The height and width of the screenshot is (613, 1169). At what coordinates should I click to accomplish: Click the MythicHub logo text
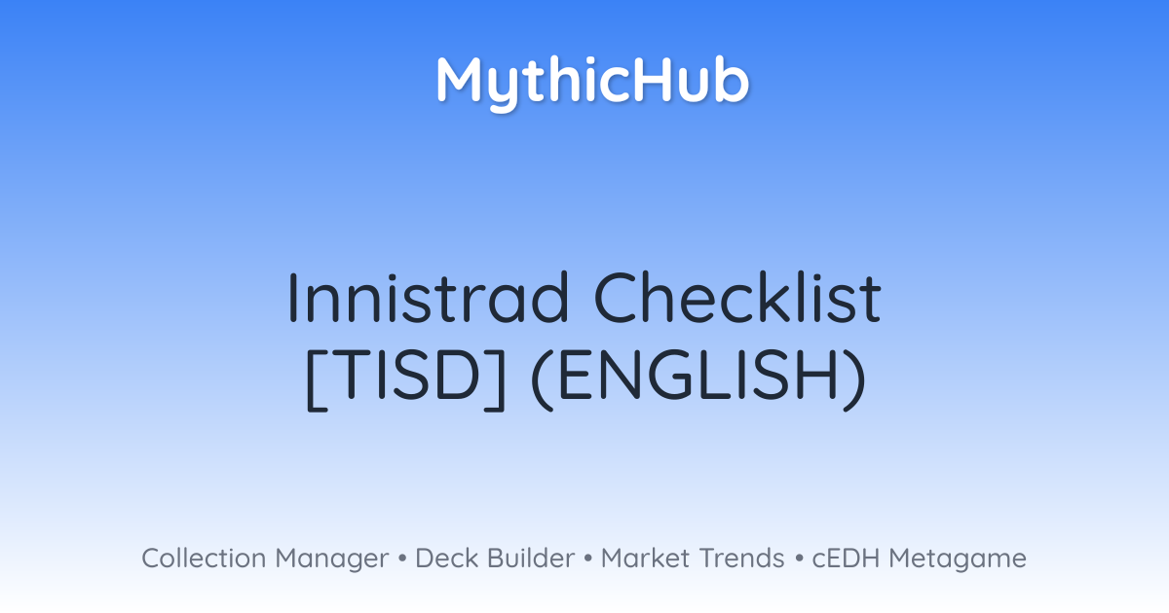click(x=593, y=83)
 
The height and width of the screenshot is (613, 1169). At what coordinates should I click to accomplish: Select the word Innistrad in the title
click(x=428, y=298)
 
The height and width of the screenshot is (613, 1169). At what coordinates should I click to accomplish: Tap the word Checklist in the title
click(x=737, y=297)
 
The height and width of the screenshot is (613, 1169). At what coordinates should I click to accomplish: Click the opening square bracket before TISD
click(x=318, y=379)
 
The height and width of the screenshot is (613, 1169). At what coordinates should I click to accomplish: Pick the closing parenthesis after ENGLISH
click(x=855, y=379)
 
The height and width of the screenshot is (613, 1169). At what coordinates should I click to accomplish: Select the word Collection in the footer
click(x=204, y=559)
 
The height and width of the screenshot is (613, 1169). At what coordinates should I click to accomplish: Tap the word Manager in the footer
click(x=332, y=560)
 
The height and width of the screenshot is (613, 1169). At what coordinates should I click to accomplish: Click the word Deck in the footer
click(x=447, y=559)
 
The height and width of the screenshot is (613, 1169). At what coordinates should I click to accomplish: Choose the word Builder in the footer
click(x=531, y=559)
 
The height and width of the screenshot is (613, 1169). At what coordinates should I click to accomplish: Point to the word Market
click(x=646, y=559)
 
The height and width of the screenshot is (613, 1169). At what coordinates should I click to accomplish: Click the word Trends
click(x=741, y=559)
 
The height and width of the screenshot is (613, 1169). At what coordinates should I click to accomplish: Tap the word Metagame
click(x=958, y=560)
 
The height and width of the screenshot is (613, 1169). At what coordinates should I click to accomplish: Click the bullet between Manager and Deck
click(x=402, y=559)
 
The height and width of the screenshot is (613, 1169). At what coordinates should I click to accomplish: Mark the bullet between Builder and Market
click(x=588, y=559)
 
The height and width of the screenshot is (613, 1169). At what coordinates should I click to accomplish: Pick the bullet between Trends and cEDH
click(x=799, y=559)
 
